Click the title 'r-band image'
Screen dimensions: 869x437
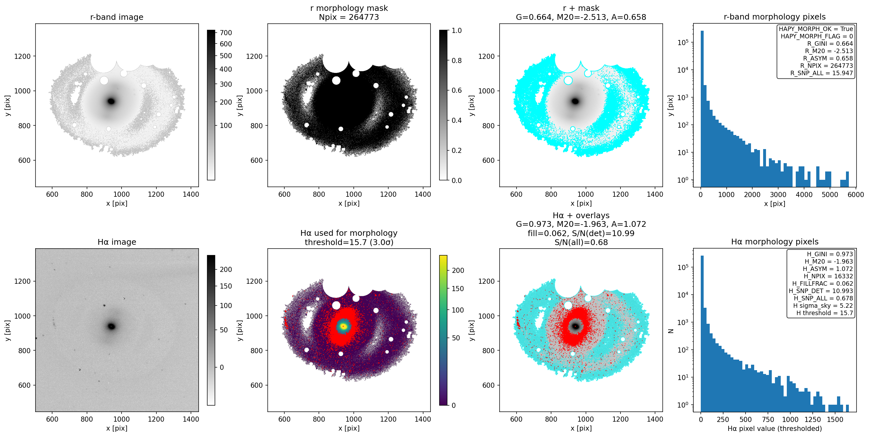(117, 17)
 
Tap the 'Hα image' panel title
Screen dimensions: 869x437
(117, 242)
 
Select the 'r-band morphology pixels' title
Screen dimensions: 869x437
(775, 17)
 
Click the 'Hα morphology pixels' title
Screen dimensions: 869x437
(775, 242)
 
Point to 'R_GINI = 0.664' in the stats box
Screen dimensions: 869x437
(830, 44)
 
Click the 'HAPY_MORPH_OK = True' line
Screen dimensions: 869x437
(816, 29)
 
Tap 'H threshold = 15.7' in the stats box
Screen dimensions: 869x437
(825, 313)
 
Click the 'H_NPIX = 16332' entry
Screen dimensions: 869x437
(828, 276)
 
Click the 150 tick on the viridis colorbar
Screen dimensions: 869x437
(457, 289)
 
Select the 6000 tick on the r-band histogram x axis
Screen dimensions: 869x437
(856, 195)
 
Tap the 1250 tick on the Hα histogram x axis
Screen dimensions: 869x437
(812, 419)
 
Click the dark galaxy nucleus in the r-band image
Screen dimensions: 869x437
(111, 101)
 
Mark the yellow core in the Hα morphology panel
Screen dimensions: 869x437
(343, 326)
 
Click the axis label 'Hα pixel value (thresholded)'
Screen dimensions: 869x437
(775, 429)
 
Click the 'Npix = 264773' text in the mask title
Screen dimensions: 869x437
(349, 17)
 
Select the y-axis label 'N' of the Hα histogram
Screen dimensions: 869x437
(671, 331)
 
